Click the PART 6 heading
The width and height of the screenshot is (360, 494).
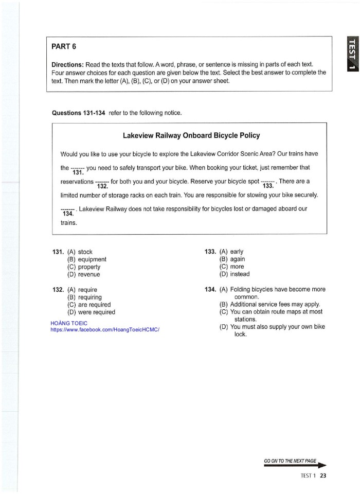pyautogui.click(x=64, y=47)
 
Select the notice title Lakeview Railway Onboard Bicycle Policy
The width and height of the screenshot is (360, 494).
pyautogui.click(x=191, y=135)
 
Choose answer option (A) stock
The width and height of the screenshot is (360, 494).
pyautogui.click(x=80, y=252)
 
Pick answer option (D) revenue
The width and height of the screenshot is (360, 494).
pyautogui.click(x=84, y=274)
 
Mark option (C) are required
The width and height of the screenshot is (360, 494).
pyautogui.click(x=88, y=305)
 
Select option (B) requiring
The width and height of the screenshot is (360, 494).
pyautogui.click(x=84, y=297)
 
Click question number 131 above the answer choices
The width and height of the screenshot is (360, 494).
pyautogui.click(x=58, y=252)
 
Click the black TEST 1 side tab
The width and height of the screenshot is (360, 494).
pyautogui.click(x=352, y=54)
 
